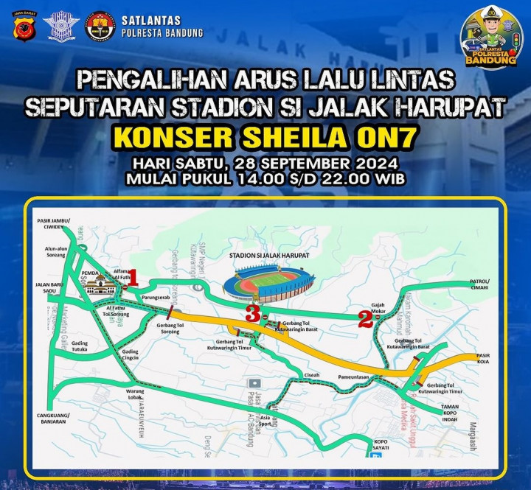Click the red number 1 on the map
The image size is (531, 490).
(133, 278)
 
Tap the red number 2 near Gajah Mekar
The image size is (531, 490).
(364, 318)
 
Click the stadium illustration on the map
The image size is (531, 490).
(272, 282)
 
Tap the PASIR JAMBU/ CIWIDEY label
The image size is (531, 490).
(52, 224)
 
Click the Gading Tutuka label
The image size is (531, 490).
(80, 346)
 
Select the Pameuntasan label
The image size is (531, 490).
(353, 376)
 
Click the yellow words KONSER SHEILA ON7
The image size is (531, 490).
(265, 139)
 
